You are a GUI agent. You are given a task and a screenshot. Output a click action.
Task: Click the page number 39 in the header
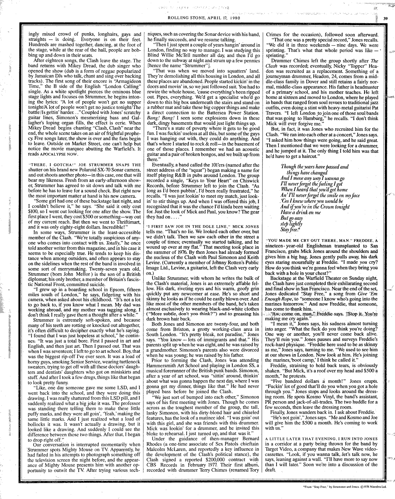[x=385, y=19]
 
